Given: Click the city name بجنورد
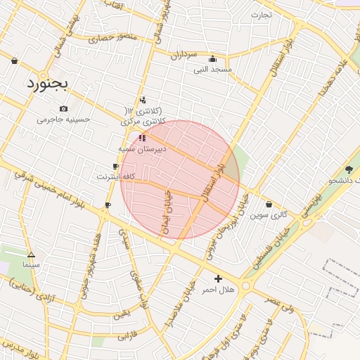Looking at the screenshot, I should click(46, 84).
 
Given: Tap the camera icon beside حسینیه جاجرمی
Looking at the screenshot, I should click(64, 108).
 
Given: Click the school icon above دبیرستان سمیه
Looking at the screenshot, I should click(143, 138).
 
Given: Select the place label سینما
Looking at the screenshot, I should click(31, 265).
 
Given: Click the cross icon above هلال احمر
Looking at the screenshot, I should click(219, 278).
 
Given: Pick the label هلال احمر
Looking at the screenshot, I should click(218, 290).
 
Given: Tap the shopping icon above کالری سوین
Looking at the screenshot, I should click(269, 205).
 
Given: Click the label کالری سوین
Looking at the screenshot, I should click(270, 215).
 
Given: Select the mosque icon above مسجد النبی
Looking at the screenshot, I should click(212, 59).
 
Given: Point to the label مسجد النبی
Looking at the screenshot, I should click(212, 70).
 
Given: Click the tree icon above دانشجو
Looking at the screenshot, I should click(349, 169).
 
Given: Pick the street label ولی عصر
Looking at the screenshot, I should click(280, 305).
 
